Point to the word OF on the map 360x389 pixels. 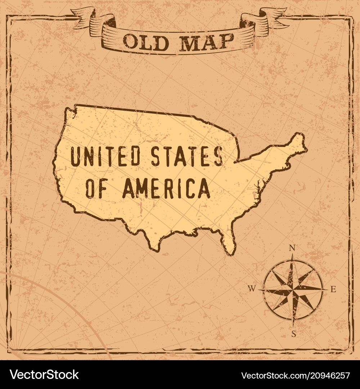coord(98,189)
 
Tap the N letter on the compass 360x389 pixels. coord(293,248)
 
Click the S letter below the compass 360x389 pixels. coord(293,334)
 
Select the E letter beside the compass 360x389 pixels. coord(333,289)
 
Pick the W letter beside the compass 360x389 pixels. coord(252,288)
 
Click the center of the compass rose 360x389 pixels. coord(293,289)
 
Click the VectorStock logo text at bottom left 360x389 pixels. coord(44,375)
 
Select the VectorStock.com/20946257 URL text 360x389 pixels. coord(295,375)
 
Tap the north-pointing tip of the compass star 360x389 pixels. coord(293,256)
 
